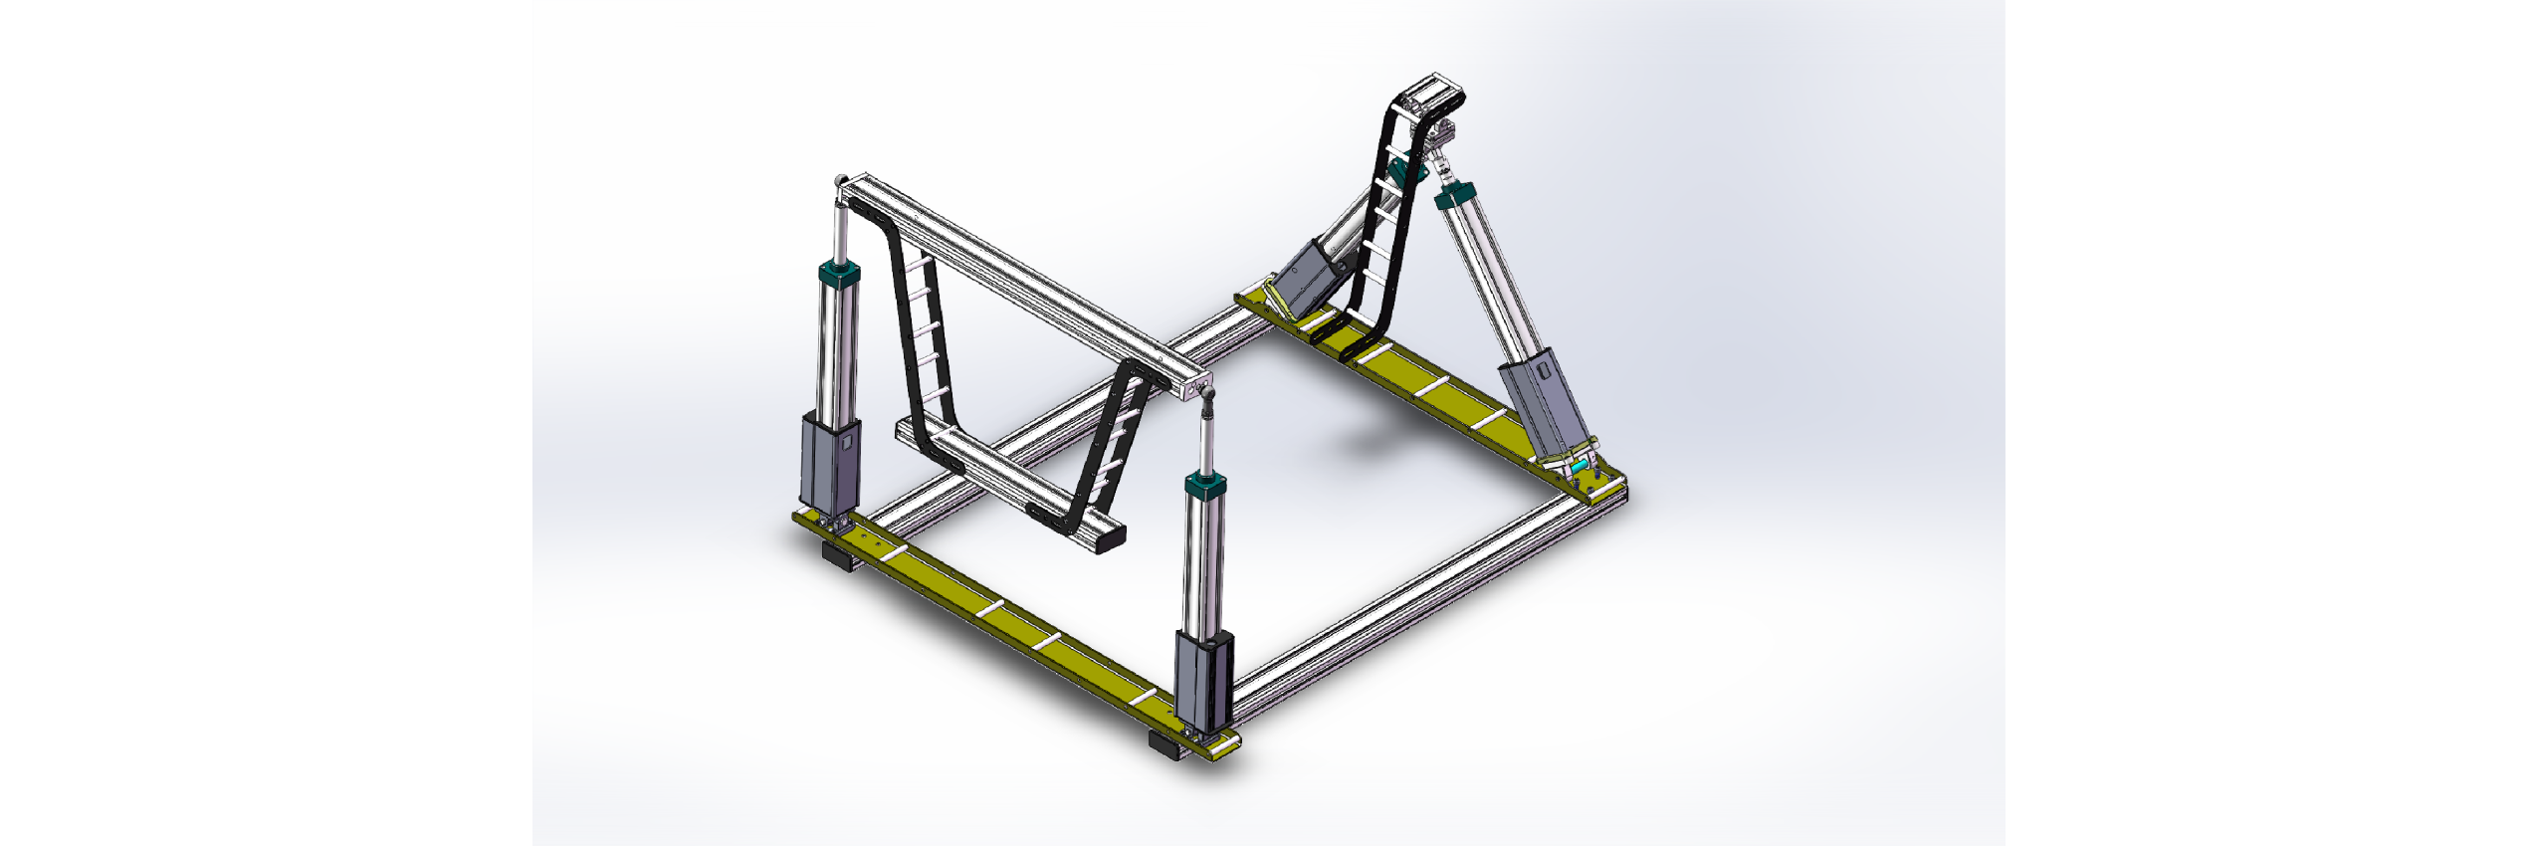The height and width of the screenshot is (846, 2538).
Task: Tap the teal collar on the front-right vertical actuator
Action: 1204,487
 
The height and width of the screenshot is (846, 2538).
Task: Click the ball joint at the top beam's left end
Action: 842,181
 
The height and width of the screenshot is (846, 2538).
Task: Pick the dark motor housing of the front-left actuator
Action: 830,464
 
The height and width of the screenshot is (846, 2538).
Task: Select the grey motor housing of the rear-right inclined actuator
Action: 1543,403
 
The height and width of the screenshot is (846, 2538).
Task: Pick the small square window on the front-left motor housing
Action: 847,440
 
